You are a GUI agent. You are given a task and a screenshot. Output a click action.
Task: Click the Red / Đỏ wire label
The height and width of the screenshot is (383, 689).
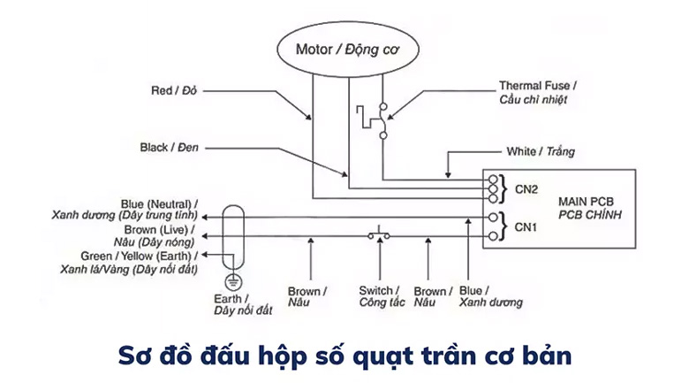point(175,90)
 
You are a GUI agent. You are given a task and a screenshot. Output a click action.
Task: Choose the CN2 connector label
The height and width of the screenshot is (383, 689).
point(528,188)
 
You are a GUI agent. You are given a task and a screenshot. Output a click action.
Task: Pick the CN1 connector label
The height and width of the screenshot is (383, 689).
point(528,226)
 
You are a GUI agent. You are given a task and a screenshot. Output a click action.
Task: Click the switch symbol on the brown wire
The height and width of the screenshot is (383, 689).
point(380,235)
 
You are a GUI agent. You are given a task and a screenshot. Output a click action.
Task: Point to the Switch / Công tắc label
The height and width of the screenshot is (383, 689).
point(381,296)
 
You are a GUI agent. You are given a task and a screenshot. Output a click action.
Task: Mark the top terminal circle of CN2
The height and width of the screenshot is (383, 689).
point(492,177)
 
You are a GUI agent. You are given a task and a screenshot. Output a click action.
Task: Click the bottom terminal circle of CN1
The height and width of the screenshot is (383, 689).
point(492,236)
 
